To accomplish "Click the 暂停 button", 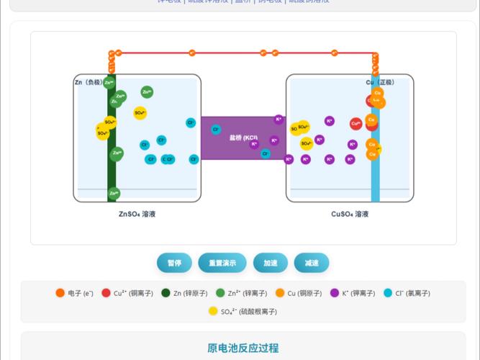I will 174,264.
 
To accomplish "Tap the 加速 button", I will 270,264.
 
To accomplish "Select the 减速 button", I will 312,264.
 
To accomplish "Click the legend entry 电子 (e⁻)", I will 75,293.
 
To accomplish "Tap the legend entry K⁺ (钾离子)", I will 354,293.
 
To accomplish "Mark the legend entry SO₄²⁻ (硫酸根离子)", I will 243,312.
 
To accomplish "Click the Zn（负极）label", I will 89,83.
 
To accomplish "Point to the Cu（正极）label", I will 381,83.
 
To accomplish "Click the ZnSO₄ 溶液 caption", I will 137,214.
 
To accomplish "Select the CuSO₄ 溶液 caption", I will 350,214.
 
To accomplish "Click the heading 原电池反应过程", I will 243,348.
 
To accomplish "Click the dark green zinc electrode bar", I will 112,173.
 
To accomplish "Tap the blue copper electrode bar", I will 375,180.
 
